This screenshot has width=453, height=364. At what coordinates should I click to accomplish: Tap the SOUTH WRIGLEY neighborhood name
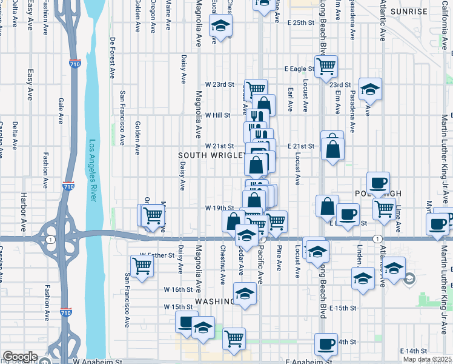click(x=212, y=156)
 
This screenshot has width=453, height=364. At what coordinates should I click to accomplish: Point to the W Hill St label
click(x=218, y=115)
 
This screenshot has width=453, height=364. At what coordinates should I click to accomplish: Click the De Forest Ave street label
click(x=113, y=58)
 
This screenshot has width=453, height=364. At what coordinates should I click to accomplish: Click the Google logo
click(x=20, y=356)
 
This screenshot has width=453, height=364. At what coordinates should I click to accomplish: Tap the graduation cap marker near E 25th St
click(x=220, y=25)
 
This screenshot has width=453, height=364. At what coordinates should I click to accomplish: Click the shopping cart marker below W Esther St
click(x=142, y=265)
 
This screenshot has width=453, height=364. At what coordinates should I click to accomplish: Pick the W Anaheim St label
click(x=97, y=361)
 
